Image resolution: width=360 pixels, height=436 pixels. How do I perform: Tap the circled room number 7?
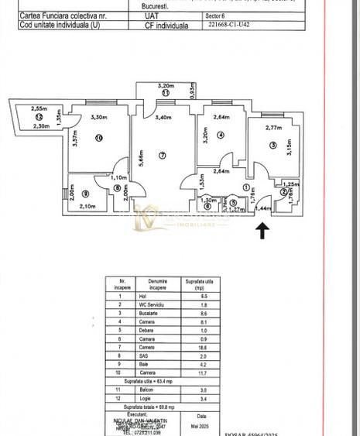click(162, 156)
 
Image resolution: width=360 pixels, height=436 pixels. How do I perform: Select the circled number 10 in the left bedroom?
click(99, 139)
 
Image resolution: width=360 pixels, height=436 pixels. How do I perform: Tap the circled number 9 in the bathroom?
click(85, 194)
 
